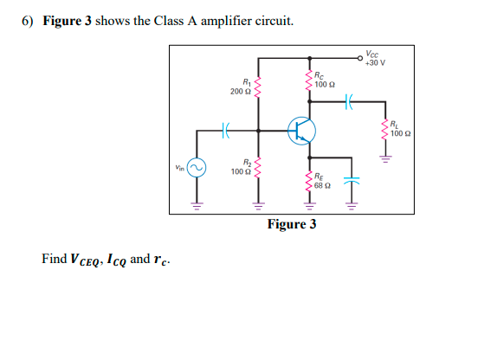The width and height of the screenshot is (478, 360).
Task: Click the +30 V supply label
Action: tap(376, 63)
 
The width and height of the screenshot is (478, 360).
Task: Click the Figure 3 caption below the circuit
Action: tap(292, 225)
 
